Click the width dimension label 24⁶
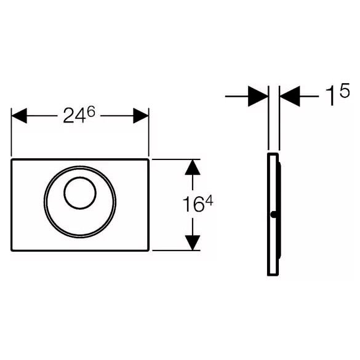pyautogui.click(x=79, y=116)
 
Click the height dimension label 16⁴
pyautogui.click(x=198, y=204)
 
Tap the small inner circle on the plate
pyautogui.click(x=80, y=193)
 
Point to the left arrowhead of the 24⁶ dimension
pyautogui.click(x=19, y=116)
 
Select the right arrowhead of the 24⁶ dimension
pyautogui.click(x=141, y=116)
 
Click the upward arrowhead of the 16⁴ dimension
pyautogui.click(x=193, y=167)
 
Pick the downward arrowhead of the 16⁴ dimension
pyautogui.click(x=193, y=242)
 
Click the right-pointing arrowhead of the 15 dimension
pyautogui.click(x=258, y=96)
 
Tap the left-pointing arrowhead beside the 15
pyautogui.click(x=290, y=96)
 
